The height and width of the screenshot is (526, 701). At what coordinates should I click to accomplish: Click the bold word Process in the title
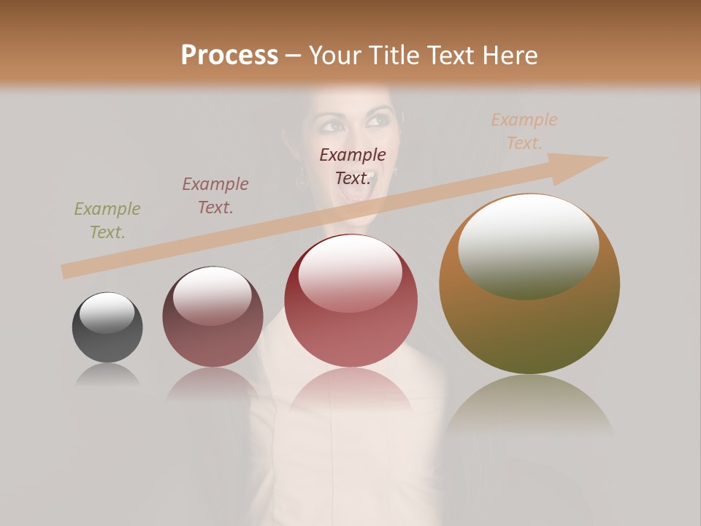(229, 56)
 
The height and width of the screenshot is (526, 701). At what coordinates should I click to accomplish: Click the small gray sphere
(107, 327)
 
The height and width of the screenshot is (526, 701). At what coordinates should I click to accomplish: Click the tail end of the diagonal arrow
(67, 271)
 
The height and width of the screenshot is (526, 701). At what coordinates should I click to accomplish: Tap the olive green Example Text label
(107, 221)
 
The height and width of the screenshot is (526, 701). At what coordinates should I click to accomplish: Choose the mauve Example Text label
(215, 196)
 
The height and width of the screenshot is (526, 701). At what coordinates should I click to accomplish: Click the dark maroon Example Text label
(353, 167)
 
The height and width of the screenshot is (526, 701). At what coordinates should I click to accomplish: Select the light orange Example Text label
(524, 131)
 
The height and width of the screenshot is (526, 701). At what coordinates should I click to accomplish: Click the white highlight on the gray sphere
(107, 313)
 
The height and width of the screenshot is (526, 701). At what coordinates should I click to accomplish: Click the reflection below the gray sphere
(107, 376)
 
